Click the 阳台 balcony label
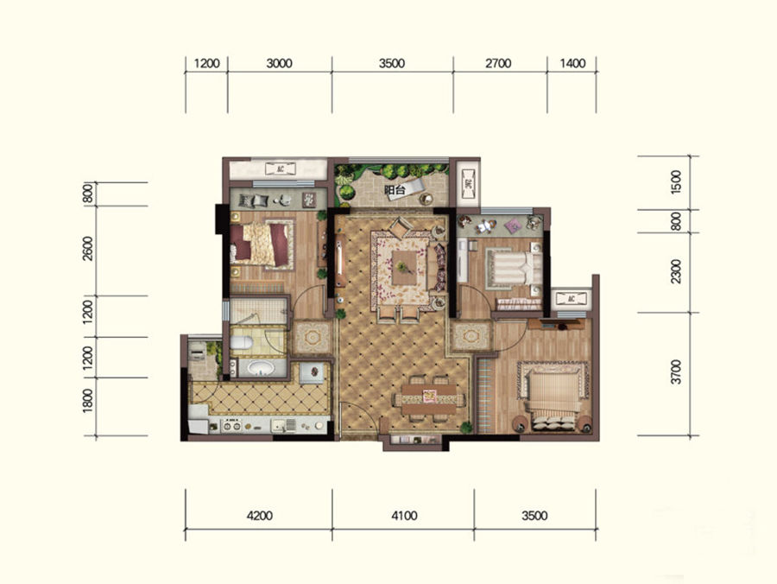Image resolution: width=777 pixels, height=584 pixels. coord(395,190)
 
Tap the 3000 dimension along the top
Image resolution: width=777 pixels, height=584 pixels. coord(279,63)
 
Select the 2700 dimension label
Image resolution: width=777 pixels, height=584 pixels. coord(498,63)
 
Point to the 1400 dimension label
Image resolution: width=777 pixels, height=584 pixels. coord(572,63)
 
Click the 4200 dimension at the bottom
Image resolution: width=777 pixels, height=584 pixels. coord(259,516)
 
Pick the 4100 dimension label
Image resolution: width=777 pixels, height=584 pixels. coord(404,516)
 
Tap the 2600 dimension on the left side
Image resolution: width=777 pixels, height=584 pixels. coord(88,249)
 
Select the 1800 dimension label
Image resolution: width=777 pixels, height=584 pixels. coord(88,401)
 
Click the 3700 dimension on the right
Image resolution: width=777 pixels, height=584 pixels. coord(676,372)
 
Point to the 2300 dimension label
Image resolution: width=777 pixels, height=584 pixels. coord(676,271)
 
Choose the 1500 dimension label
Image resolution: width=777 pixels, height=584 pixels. coord(676,182)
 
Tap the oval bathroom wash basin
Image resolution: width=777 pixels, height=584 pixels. coord(261,368)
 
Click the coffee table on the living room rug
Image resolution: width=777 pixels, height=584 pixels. coord(404,268)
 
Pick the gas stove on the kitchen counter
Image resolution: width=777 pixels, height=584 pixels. coord(231,425)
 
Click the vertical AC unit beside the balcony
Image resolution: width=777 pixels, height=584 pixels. coord(468,184)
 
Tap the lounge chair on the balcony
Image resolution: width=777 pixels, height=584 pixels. coord(407,189)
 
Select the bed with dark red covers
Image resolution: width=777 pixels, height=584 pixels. coord(261,244)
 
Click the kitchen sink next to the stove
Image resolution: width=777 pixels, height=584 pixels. coord(283,425)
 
